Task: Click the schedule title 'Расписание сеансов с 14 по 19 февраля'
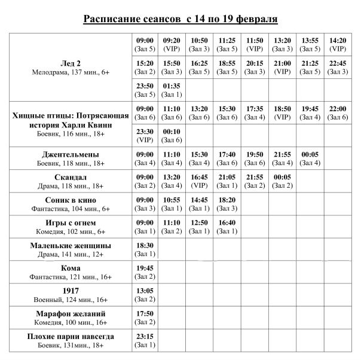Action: (x=180, y=19)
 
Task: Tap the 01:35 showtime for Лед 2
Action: (x=172, y=90)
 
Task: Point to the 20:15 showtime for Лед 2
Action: (x=255, y=67)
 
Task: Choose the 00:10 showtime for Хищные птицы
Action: (x=172, y=135)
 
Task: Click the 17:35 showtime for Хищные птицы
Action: (x=255, y=112)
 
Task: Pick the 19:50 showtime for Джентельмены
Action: (x=255, y=158)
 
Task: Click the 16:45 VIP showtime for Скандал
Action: (x=200, y=181)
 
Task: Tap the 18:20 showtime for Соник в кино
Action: (x=227, y=203)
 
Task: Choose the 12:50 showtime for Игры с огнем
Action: (x=200, y=226)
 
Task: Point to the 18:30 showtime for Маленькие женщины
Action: (x=145, y=249)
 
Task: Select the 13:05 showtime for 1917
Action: (x=145, y=294)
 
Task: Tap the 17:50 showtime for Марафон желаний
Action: (x=145, y=317)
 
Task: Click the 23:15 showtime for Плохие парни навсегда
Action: (x=145, y=340)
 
